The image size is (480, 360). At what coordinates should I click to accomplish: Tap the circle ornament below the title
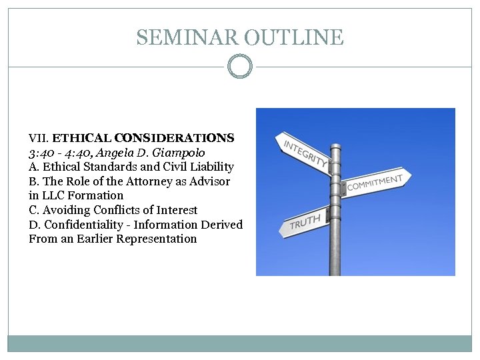(240, 67)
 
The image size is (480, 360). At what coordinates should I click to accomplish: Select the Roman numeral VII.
(39, 139)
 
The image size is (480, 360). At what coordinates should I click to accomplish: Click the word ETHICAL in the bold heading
(81, 139)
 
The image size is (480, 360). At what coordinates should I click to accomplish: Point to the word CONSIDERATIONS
(174, 139)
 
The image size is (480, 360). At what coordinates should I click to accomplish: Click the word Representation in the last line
(157, 239)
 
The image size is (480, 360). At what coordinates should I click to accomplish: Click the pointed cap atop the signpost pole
(335, 126)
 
